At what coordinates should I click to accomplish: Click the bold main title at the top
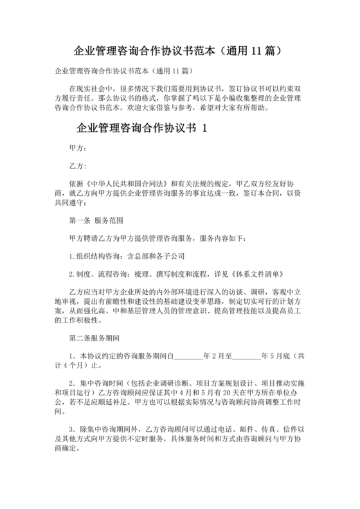pyautogui.click(x=179, y=49)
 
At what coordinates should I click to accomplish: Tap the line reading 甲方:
pyautogui.click(x=76, y=147)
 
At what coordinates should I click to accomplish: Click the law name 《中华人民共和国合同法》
pyautogui.click(x=123, y=183)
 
